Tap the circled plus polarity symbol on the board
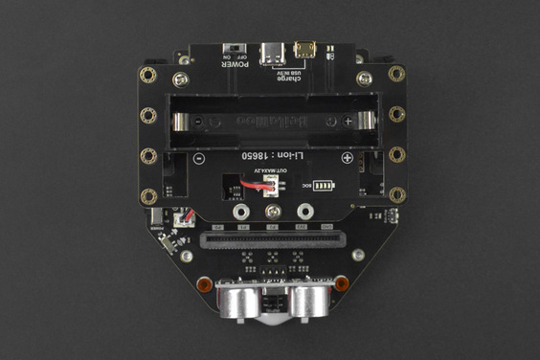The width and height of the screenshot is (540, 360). pyautogui.click(x=349, y=159)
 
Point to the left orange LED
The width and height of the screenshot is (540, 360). pyautogui.click(x=203, y=284)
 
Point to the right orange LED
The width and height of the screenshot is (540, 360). pyautogui.click(x=341, y=283)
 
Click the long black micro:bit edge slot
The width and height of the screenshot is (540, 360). pyautogui.click(x=272, y=236)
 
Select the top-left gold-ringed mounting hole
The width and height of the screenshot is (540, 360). pyautogui.click(x=147, y=74)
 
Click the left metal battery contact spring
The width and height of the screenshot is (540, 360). pyautogui.click(x=182, y=121)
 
